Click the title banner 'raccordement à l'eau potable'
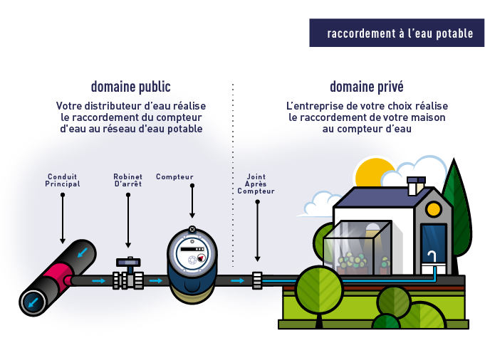[x=397, y=33]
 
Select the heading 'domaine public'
[x=130, y=87]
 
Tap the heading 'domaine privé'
[x=367, y=87]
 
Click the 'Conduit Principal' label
[x=63, y=180]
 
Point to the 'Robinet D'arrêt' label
[x=127, y=180]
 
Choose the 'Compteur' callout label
[x=174, y=176]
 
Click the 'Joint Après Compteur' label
[x=256, y=184]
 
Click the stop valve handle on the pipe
[x=128, y=263]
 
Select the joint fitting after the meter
[x=257, y=280]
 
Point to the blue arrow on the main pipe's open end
[x=33, y=302]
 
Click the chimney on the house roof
[x=416, y=186]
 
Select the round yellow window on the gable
[x=433, y=209]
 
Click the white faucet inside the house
[x=432, y=258]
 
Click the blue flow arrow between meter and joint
[x=238, y=280]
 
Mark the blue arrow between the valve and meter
[x=155, y=280]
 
